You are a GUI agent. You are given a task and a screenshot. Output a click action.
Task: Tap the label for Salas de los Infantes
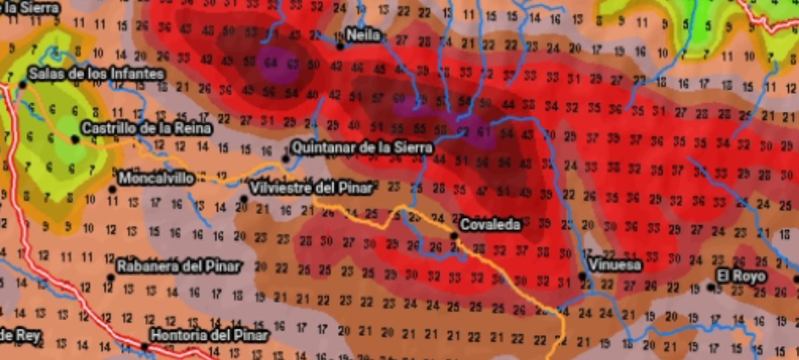point(96,73)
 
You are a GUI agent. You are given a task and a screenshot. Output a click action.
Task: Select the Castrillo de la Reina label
point(146,128)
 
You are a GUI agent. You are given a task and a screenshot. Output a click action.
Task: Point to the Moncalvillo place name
point(157,178)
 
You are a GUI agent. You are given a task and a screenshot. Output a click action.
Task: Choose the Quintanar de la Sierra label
point(363,147)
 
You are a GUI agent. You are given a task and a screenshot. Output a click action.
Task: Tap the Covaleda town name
point(490,225)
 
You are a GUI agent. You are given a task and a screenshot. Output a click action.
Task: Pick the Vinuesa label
point(614,265)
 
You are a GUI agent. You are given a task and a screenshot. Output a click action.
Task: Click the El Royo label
point(741,275)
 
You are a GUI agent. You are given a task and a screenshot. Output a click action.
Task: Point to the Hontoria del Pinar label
point(209,335)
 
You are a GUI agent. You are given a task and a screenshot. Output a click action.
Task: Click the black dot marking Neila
point(340,46)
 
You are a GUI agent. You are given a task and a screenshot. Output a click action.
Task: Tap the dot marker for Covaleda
point(454,235)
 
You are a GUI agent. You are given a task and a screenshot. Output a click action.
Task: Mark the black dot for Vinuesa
point(582,276)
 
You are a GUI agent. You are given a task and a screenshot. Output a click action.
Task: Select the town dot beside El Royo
point(711,287)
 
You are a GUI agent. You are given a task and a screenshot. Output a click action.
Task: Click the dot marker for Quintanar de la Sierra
point(286,159)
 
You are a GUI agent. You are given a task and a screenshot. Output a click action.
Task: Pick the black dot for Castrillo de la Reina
point(75,139)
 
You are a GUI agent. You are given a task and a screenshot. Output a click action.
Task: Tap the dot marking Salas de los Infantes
point(23,84)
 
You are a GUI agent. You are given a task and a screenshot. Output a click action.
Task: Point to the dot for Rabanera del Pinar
point(111,277)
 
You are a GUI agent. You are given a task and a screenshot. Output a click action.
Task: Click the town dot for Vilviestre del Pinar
point(244,199)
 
